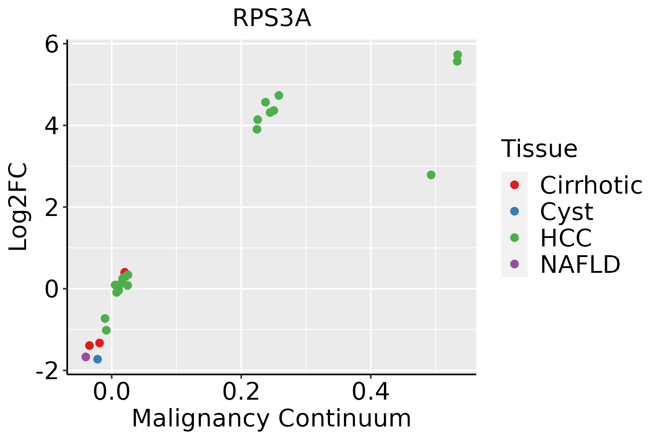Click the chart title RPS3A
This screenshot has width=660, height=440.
tap(272, 18)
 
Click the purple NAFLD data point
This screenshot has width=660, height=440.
tap(86, 357)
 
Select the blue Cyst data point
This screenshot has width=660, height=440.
tap(98, 359)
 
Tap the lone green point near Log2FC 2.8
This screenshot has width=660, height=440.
tap(431, 175)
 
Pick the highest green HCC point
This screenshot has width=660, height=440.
tap(458, 55)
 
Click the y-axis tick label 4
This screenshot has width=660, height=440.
tap(52, 126)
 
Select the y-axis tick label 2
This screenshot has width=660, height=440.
tap(52, 208)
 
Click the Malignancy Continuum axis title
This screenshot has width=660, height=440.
tap(271, 418)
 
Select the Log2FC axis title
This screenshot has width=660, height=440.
tap(18, 207)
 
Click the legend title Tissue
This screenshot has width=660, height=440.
tap(539, 149)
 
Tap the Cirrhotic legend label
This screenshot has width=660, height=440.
tap(591, 185)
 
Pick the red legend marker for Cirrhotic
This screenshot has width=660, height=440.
tap(514, 185)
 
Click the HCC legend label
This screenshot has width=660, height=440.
tap(566, 238)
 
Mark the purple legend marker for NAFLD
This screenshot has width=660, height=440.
tap(514, 264)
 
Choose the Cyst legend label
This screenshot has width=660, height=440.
tap(566, 212)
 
